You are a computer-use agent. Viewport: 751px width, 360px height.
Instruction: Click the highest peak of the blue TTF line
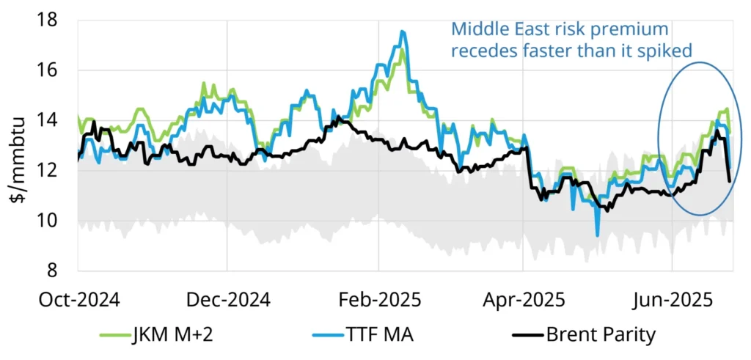[403, 32]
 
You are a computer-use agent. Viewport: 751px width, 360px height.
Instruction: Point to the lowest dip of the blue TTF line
[597, 235]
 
